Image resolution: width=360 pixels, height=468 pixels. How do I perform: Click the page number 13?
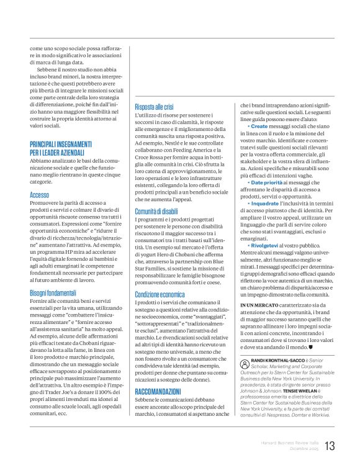(330, 445)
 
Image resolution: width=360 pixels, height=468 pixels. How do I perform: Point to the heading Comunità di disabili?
(161, 212)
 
